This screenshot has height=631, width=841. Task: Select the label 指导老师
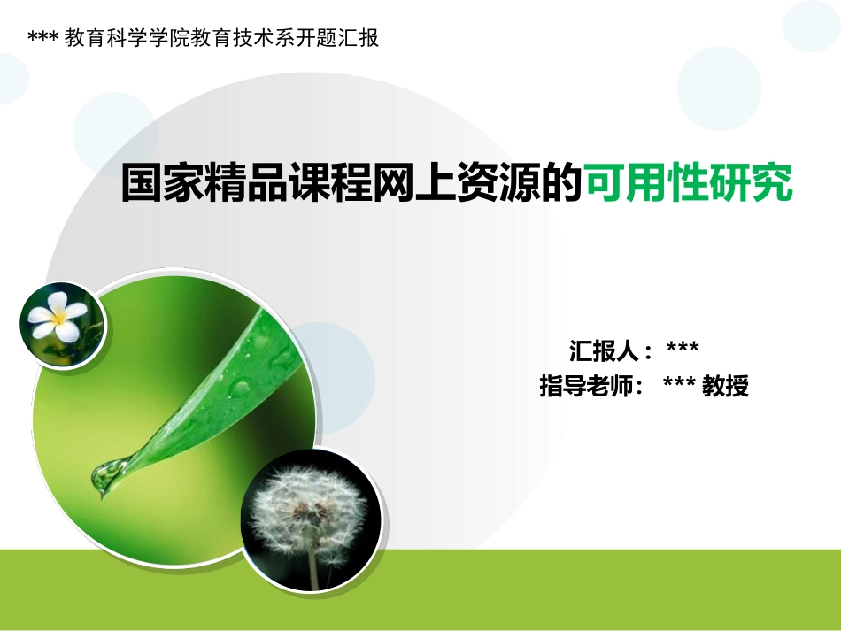pyautogui.click(x=583, y=387)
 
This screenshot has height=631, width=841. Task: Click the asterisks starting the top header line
pyautogui.click(x=43, y=39)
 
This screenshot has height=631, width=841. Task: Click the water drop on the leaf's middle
pyautogui.click(x=238, y=387)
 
